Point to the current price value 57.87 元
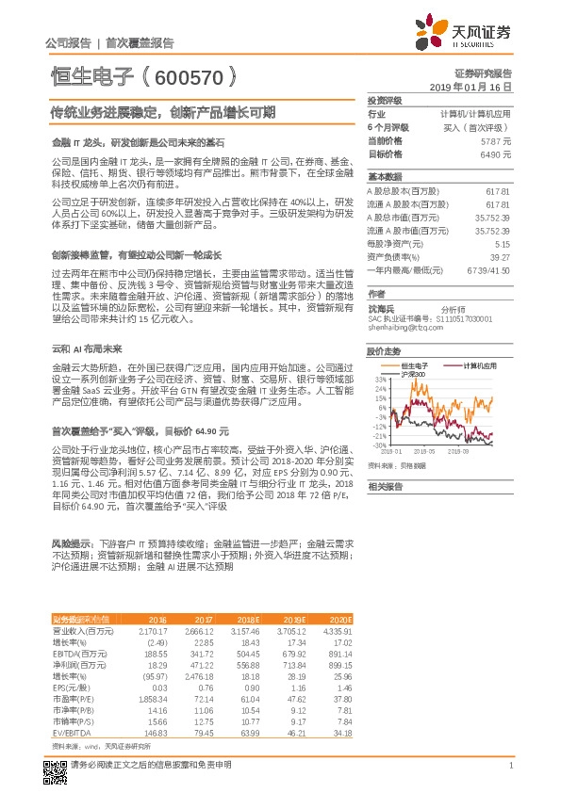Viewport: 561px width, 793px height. (496, 139)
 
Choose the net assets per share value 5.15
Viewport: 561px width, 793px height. (503, 242)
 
